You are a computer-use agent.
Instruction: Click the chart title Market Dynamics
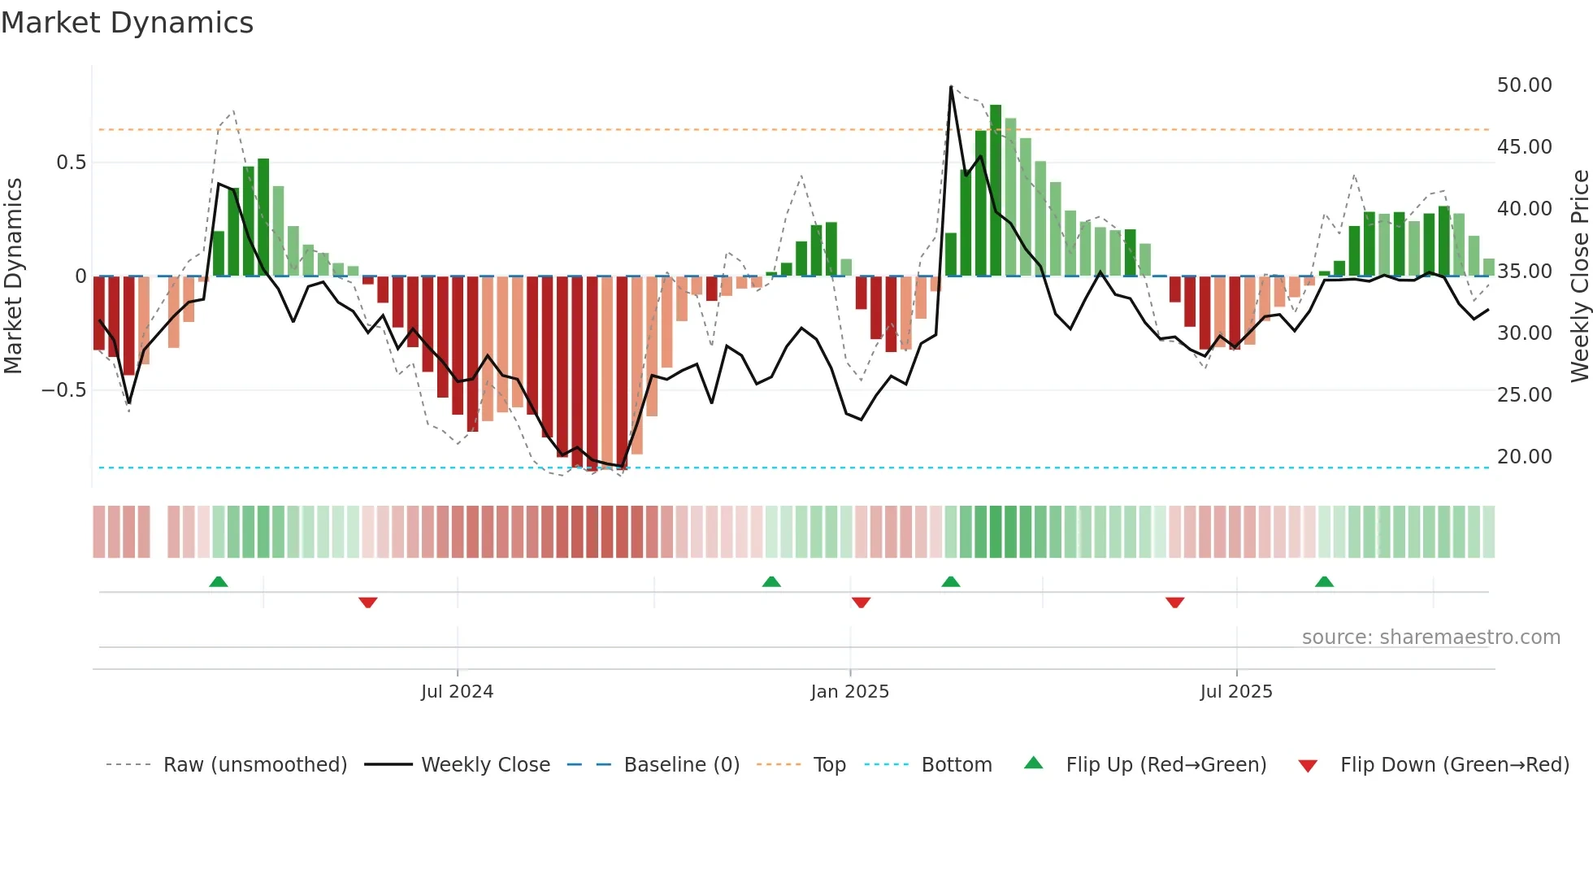click(127, 23)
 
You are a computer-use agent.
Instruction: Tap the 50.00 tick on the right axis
click(1524, 85)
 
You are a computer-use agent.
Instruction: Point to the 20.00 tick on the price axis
click(1524, 457)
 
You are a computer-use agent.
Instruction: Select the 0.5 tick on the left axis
click(71, 163)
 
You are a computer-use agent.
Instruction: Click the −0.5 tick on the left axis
click(64, 390)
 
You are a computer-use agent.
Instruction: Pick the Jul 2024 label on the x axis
click(457, 692)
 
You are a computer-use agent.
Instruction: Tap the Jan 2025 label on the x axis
click(849, 692)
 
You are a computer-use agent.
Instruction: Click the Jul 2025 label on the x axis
click(1236, 692)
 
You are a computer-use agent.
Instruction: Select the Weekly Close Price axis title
click(1579, 276)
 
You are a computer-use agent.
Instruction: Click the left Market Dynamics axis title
click(13, 276)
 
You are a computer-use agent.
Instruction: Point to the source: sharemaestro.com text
click(1430, 637)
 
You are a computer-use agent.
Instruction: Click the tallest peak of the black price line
click(951, 87)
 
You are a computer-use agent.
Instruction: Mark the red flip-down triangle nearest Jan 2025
click(862, 602)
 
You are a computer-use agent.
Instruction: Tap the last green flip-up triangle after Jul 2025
click(1324, 581)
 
